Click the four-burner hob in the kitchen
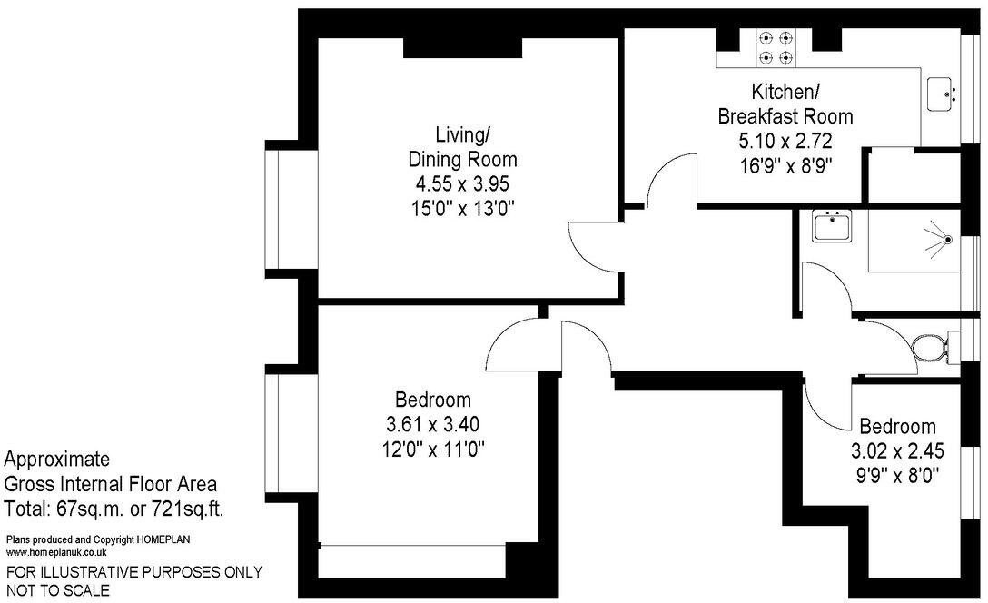(x=776, y=48)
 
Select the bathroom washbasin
(x=831, y=226)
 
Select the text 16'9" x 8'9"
(x=785, y=165)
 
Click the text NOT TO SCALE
(x=58, y=590)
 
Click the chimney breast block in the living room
(x=462, y=48)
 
